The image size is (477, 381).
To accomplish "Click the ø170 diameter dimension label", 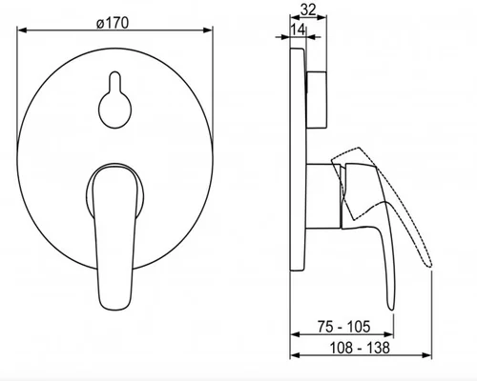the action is (113, 23).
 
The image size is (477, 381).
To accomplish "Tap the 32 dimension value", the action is (308, 10).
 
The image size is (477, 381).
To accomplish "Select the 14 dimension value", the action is (299, 30).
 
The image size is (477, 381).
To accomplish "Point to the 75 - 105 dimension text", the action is (344, 327).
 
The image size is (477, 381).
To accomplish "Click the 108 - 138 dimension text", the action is (360, 348).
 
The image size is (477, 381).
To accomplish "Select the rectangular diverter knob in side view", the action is (317, 100).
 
